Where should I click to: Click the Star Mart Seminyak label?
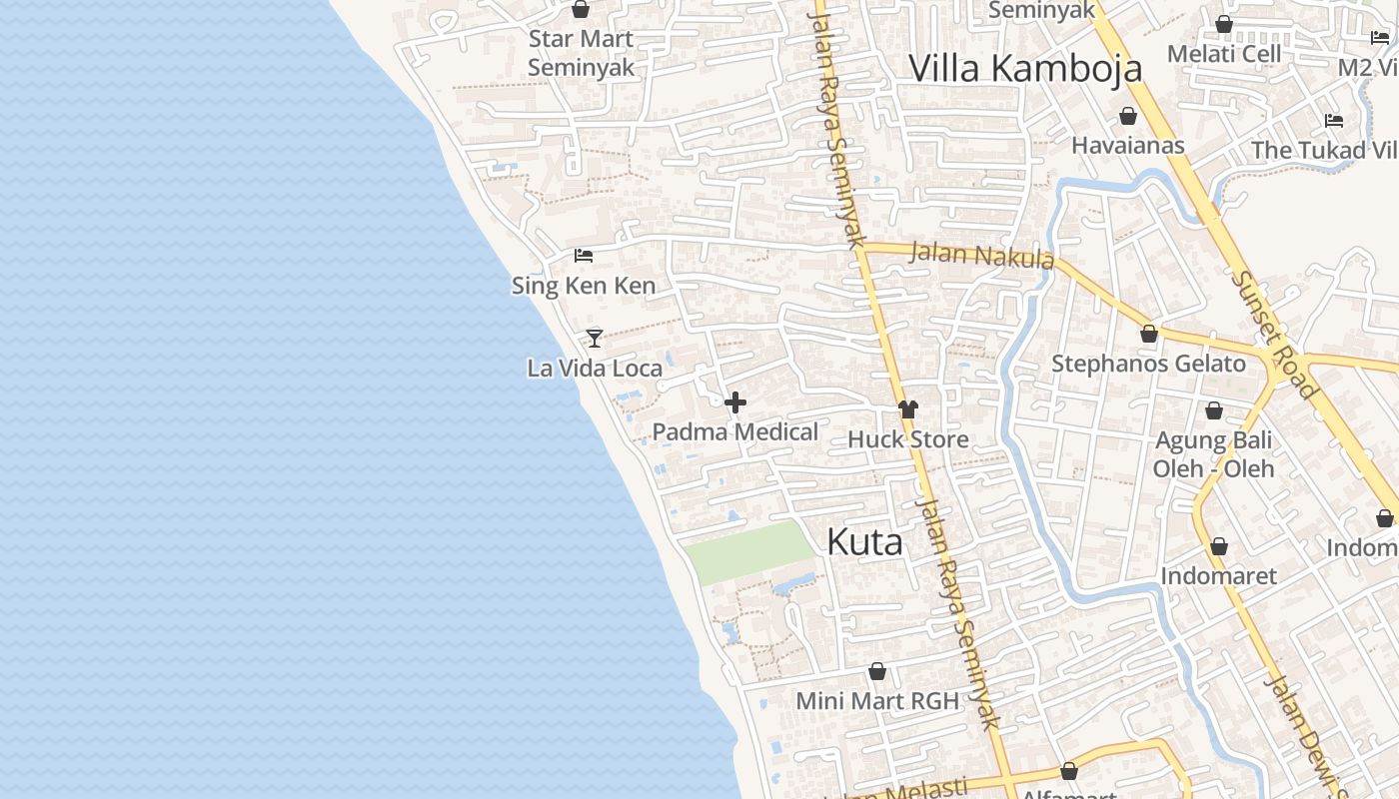coord(581,53)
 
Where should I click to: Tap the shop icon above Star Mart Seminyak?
coord(581,9)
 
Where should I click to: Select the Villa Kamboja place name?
coord(1025,68)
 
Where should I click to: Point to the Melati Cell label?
coord(1223,53)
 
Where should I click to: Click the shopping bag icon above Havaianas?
coord(1128,116)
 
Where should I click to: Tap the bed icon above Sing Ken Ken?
coord(584,256)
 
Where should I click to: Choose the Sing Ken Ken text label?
coord(584,286)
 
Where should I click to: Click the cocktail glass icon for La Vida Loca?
coord(595,338)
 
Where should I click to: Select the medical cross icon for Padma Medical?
coord(735,402)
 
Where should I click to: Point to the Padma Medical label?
coord(735,431)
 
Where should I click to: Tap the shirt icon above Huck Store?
coord(907,408)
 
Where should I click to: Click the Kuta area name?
coord(864,542)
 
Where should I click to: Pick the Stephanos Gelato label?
coord(1148,364)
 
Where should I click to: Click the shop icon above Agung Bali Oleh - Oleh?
coord(1214,409)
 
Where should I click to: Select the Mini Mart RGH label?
coord(876,701)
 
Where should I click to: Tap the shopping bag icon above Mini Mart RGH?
coord(877,671)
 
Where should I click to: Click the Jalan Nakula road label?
coord(981,255)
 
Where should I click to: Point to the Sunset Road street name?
coord(1275,335)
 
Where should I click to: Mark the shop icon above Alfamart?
coord(1069,771)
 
